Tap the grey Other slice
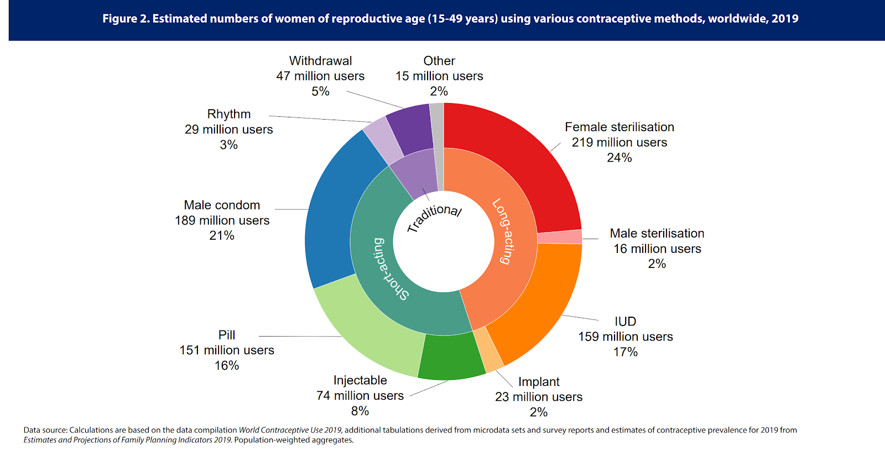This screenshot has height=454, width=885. point(436,125)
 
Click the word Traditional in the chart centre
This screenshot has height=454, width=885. point(434,217)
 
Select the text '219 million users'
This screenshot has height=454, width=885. point(619,142)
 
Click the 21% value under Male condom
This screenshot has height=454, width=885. point(222,236)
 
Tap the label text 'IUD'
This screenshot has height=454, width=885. point(625,322)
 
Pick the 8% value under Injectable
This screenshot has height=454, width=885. point(360,411)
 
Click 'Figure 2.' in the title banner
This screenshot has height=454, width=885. point(126,19)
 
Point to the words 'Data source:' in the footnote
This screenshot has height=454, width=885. point(45,430)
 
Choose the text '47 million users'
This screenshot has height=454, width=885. point(320,76)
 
